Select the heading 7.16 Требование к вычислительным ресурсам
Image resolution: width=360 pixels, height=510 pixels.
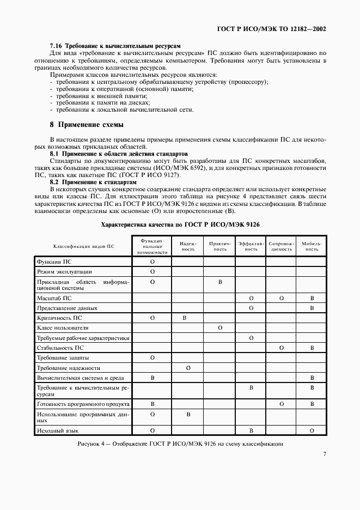(x=115, y=45)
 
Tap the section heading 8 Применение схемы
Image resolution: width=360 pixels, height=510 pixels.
(x=87, y=125)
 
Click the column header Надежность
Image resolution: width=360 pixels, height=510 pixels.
(x=187, y=246)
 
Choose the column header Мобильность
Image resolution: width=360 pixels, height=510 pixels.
(x=312, y=246)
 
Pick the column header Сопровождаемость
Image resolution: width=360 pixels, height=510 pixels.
(x=281, y=246)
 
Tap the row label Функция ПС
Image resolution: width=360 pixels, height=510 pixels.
(x=54, y=262)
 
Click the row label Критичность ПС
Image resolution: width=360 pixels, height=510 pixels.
(x=60, y=317)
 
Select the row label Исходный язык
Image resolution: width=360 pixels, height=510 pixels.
(x=57, y=431)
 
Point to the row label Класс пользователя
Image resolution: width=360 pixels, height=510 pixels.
(x=63, y=328)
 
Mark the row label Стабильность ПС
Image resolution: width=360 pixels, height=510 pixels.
(x=60, y=348)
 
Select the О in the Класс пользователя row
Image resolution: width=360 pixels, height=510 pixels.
(x=219, y=328)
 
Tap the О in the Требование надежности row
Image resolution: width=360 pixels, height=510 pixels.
(x=188, y=368)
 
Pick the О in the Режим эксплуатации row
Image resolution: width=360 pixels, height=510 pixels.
(x=152, y=271)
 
